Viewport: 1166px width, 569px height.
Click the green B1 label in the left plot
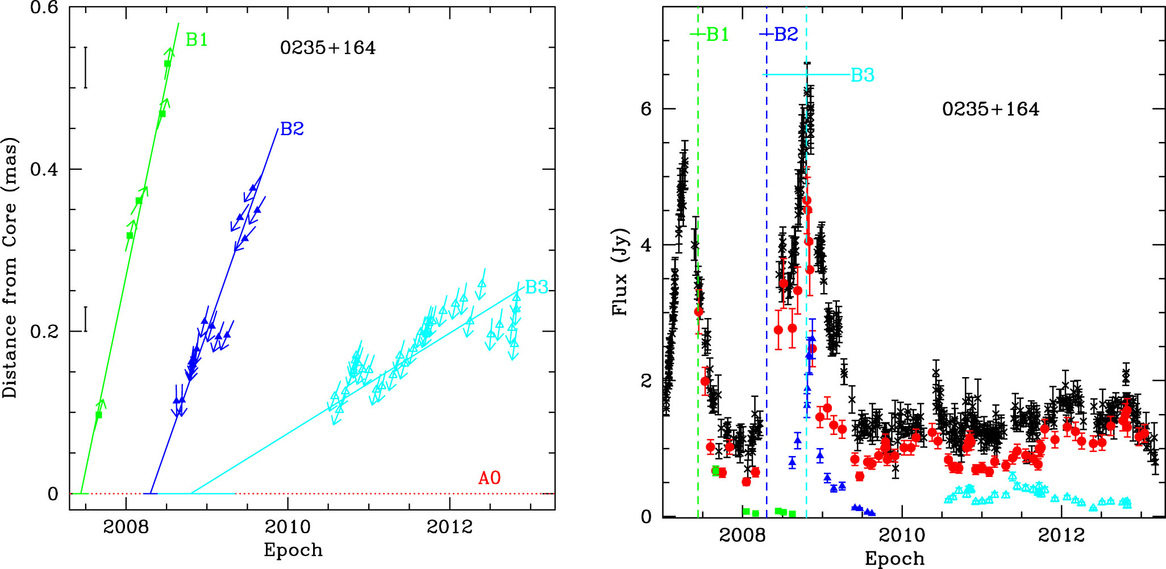click(x=197, y=40)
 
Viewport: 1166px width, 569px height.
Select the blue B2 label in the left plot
click(x=292, y=129)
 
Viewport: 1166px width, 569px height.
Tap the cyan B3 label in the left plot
click(x=536, y=287)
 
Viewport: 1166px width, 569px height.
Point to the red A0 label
click(x=489, y=478)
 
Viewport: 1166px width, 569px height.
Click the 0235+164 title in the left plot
click(x=328, y=48)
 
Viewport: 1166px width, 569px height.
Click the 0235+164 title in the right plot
click(x=990, y=109)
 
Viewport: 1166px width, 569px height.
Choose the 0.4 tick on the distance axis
click(x=44, y=169)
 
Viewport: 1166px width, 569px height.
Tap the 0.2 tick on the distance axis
click(x=44, y=332)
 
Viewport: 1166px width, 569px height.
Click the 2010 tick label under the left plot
click(x=288, y=527)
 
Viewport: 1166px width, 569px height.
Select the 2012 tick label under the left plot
click(x=449, y=527)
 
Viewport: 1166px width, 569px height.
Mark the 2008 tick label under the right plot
click(x=742, y=535)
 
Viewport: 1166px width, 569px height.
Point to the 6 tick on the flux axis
click(x=646, y=108)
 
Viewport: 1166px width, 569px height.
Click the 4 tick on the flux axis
click(x=646, y=245)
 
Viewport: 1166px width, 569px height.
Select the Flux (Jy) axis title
click(x=620, y=271)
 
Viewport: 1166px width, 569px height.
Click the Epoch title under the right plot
click(x=894, y=559)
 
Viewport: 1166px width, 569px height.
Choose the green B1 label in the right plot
click(x=718, y=35)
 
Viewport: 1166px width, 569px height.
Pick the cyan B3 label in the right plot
click(x=862, y=75)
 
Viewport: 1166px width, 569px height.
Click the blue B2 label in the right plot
click(x=786, y=35)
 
